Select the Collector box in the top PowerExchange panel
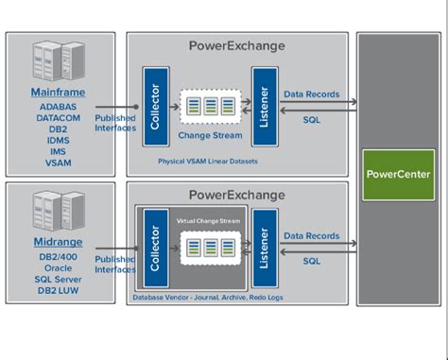pos(156,106)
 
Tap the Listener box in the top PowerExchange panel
pos(264,106)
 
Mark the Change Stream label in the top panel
pos(211,135)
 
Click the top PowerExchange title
pos(236,45)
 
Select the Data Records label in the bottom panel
pos(311,235)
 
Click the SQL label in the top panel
pos(311,120)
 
